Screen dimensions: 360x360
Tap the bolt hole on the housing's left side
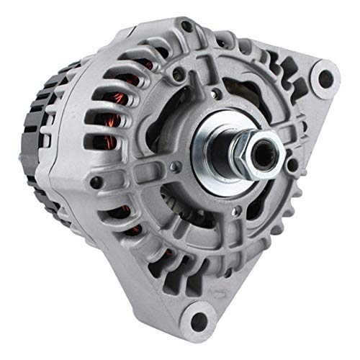(x=95, y=182)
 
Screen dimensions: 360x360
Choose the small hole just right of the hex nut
(x=292, y=165)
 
